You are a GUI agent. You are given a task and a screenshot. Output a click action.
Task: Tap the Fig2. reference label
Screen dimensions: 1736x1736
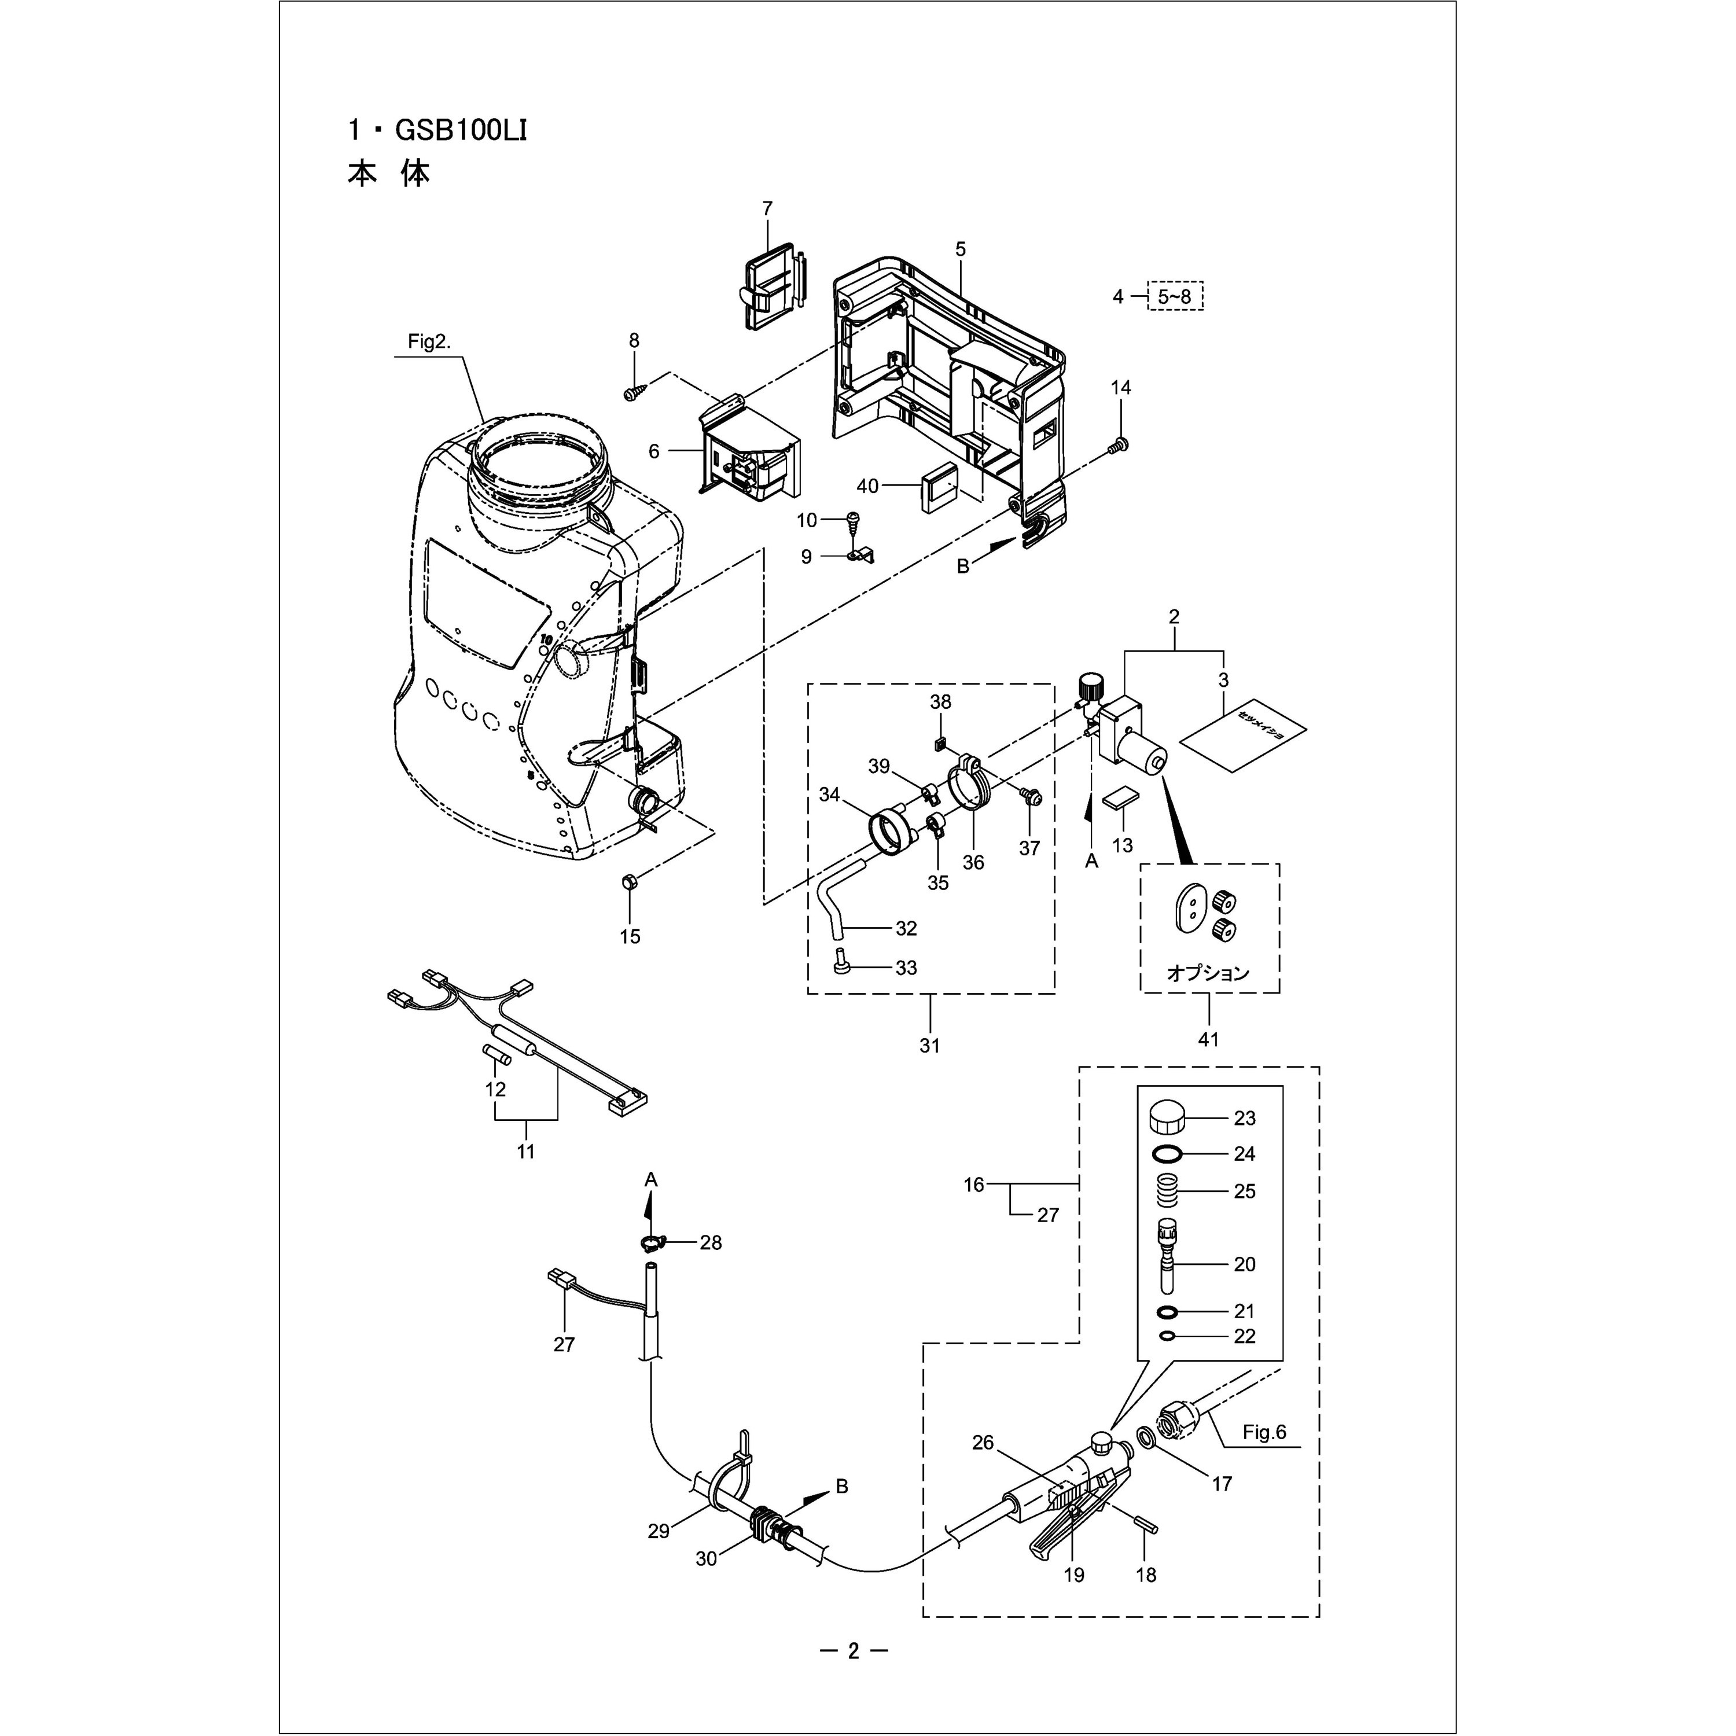click(x=429, y=343)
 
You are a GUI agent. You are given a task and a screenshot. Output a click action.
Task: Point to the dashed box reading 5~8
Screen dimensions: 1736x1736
click(x=1175, y=296)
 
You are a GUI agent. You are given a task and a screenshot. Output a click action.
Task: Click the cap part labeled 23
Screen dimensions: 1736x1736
click(x=1167, y=1120)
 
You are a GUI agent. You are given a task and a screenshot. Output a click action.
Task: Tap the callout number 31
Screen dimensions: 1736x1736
click(x=929, y=1045)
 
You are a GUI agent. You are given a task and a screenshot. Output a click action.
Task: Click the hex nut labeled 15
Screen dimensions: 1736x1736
click(x=628, y=883)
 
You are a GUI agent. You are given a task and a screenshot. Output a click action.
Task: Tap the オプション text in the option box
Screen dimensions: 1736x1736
click(x=1209, y=973)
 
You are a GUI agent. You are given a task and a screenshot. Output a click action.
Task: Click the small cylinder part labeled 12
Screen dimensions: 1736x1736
click(x=498, y=1054)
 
